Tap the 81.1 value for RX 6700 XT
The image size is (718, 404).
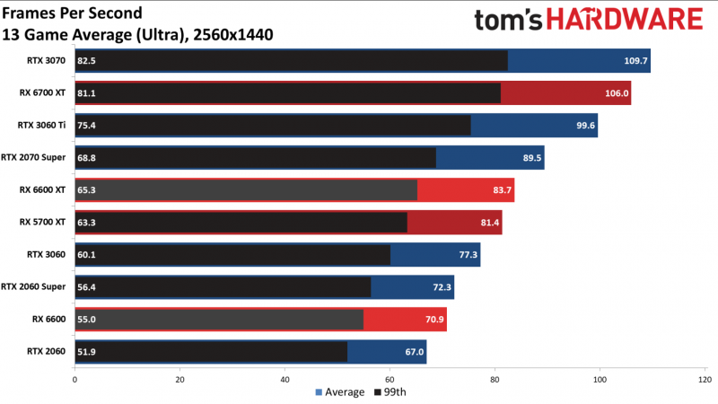(88, 92)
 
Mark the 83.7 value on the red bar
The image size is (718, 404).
(498, 189)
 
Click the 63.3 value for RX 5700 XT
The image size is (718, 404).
(88, 222)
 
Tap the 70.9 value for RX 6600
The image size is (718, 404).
(431, 319)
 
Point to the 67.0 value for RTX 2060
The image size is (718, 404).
(414, 351)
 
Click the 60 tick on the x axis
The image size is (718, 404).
(390, 378)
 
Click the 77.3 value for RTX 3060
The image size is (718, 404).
(465, 254)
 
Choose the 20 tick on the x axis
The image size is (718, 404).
(179, 378)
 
